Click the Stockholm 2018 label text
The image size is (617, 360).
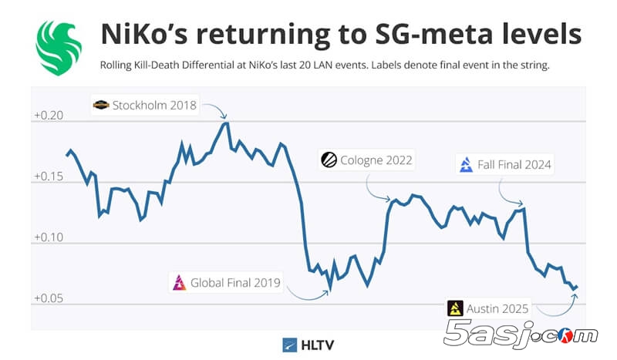154,105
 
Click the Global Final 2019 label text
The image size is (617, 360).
236,282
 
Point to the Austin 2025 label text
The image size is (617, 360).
499,308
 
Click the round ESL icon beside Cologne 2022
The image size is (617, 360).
329,160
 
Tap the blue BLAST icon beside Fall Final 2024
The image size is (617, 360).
466,164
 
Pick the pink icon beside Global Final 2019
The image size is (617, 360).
179,282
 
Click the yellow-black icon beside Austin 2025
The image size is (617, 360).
456,308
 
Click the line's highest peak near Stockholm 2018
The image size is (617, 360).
225,122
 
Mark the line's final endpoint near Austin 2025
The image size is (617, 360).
577,287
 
